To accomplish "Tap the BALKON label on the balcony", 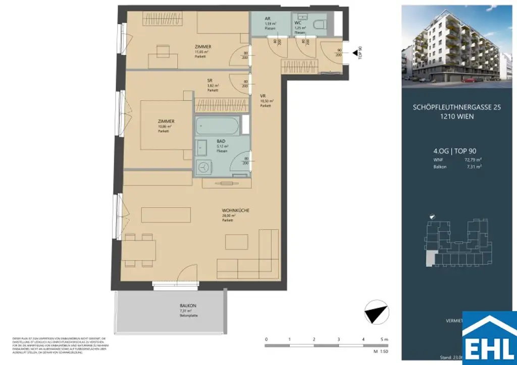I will coord(187,306).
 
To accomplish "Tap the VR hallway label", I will coord(263,95).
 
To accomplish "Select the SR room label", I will coord(210,80).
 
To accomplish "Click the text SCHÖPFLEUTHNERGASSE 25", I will coord(456,107).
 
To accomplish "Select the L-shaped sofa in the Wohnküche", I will coord(252,262).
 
